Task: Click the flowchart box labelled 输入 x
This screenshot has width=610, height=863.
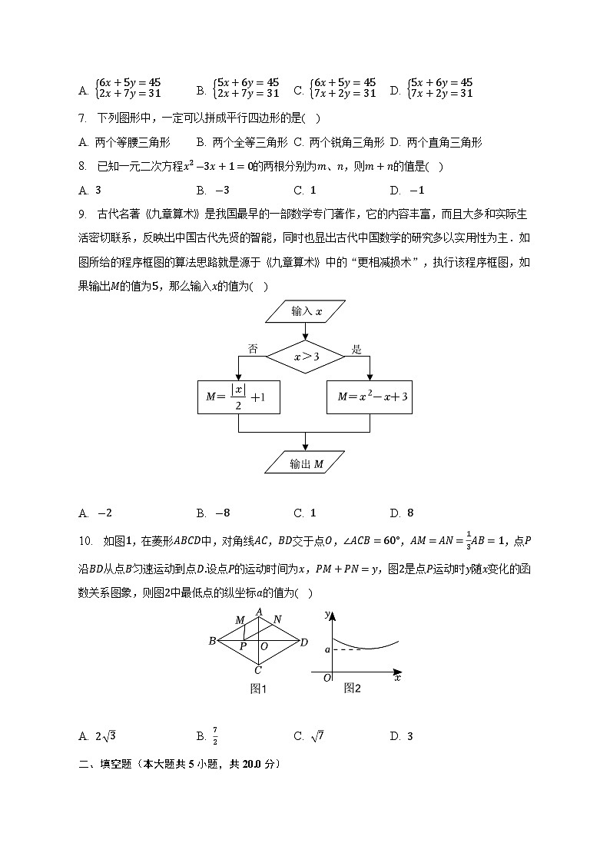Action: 306,312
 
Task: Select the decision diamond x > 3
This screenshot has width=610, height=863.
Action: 306,357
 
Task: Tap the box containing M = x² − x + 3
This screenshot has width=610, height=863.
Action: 370,397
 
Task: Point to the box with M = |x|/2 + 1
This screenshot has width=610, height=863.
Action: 238,397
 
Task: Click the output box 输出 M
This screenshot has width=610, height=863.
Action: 306,463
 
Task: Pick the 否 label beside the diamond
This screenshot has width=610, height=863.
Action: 252,348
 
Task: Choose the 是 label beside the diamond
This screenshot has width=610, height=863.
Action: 356,349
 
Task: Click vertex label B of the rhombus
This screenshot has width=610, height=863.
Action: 212,641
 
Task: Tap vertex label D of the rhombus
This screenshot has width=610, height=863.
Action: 304,642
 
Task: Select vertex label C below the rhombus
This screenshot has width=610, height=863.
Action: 258,669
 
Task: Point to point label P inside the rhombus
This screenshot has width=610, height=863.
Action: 243,647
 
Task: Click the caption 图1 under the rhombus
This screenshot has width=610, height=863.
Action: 258,689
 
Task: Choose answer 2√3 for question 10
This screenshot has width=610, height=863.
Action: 104,736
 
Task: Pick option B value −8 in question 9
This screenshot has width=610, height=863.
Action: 223,513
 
